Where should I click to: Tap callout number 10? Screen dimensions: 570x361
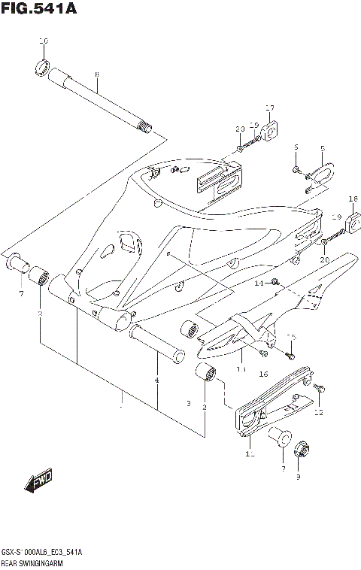point(43,40)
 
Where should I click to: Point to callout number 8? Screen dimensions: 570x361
point(97,74)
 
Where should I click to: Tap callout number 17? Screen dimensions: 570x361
point(269,107)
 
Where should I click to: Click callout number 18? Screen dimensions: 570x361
point(353,199)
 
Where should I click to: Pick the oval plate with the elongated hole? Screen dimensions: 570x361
point(324,174)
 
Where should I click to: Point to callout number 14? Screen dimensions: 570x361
point(258,283)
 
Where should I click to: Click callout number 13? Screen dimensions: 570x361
point(241,369)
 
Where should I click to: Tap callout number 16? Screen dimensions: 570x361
point(263,374)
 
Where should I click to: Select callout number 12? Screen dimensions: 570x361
point(318,412)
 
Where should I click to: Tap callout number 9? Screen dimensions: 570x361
point(297,476)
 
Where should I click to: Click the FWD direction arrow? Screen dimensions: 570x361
point(38,481)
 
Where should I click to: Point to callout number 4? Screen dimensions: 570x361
point(156,381)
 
